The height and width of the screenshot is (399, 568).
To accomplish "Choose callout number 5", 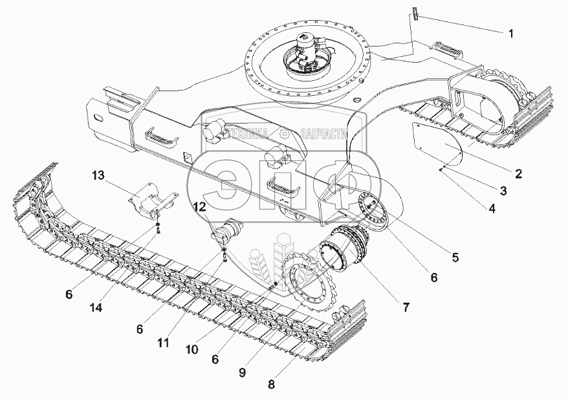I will [x=455, y=257].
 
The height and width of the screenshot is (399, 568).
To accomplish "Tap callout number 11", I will [x=163, y=343].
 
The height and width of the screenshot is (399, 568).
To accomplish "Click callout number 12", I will [x=201, y=207].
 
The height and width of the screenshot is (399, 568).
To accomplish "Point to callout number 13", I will [x=97, y=175].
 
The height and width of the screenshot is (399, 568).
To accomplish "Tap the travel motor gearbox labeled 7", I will [x=345, y=250].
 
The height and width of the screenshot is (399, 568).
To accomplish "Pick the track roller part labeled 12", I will [x=228, y=231].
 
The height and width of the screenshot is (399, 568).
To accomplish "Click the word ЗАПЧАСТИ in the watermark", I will [x=323, y=134].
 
